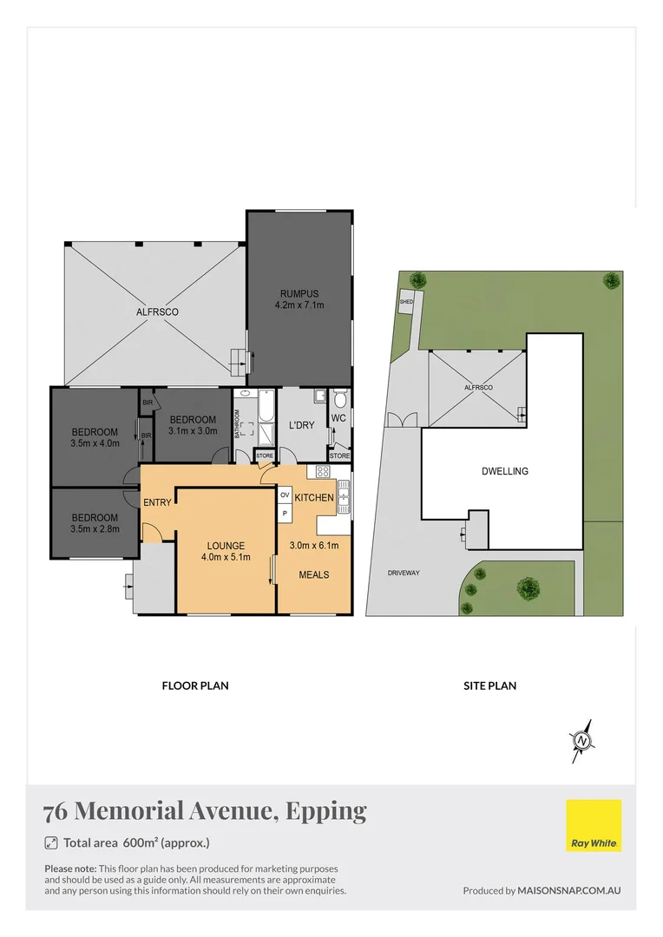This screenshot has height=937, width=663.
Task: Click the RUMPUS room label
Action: tap(299, 292)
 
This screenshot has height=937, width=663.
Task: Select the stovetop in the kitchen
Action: tap(323, 472)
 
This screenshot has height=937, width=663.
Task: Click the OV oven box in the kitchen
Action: tap(284, 495)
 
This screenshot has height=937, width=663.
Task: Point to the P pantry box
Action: tap(284, 514)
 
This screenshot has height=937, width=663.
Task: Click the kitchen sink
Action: tap(343, 495)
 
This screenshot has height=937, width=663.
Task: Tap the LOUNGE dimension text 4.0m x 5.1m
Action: tap(225, 557)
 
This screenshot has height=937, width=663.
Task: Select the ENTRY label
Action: tap(157, 501)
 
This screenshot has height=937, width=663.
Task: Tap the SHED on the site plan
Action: tap(407, 303)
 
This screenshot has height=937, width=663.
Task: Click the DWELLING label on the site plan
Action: tap(504, 472)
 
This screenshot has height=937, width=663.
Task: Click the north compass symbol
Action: tap(583, 741)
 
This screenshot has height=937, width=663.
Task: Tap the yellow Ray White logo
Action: tap(594, 825)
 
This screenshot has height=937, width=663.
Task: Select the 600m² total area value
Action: tap(140, 842)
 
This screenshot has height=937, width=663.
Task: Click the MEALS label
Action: tap(313, 574)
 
